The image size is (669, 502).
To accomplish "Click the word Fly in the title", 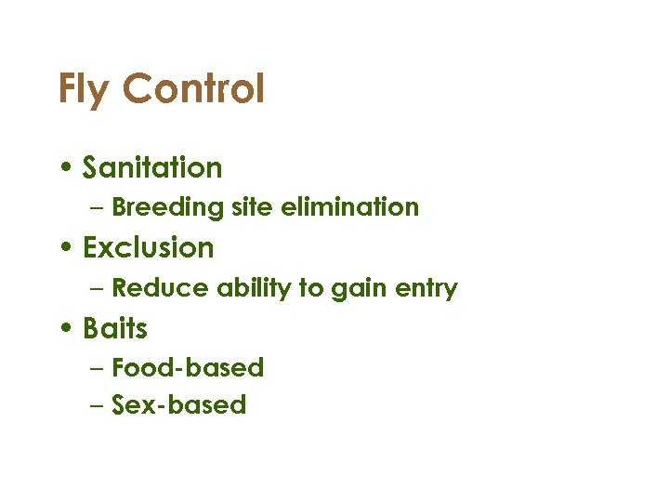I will click(x=85, y=90).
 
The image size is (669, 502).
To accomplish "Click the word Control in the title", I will click(x=193, y=89).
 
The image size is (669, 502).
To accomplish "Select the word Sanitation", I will click(x=152, y=167).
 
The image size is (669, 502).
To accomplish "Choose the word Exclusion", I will click(x=149, y=247).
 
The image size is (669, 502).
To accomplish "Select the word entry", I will click(x=426, y=289).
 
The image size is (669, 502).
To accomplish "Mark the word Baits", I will click(x=115, y=328).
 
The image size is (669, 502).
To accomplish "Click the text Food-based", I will click(x=188, y=367).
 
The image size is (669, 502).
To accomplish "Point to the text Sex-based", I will click(x=178, y=404).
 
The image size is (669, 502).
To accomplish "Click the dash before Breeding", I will click(x=98, y=208).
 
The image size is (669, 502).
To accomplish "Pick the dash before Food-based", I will click(x=98, y=369).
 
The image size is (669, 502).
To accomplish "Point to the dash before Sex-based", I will click(x=98, y=406).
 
